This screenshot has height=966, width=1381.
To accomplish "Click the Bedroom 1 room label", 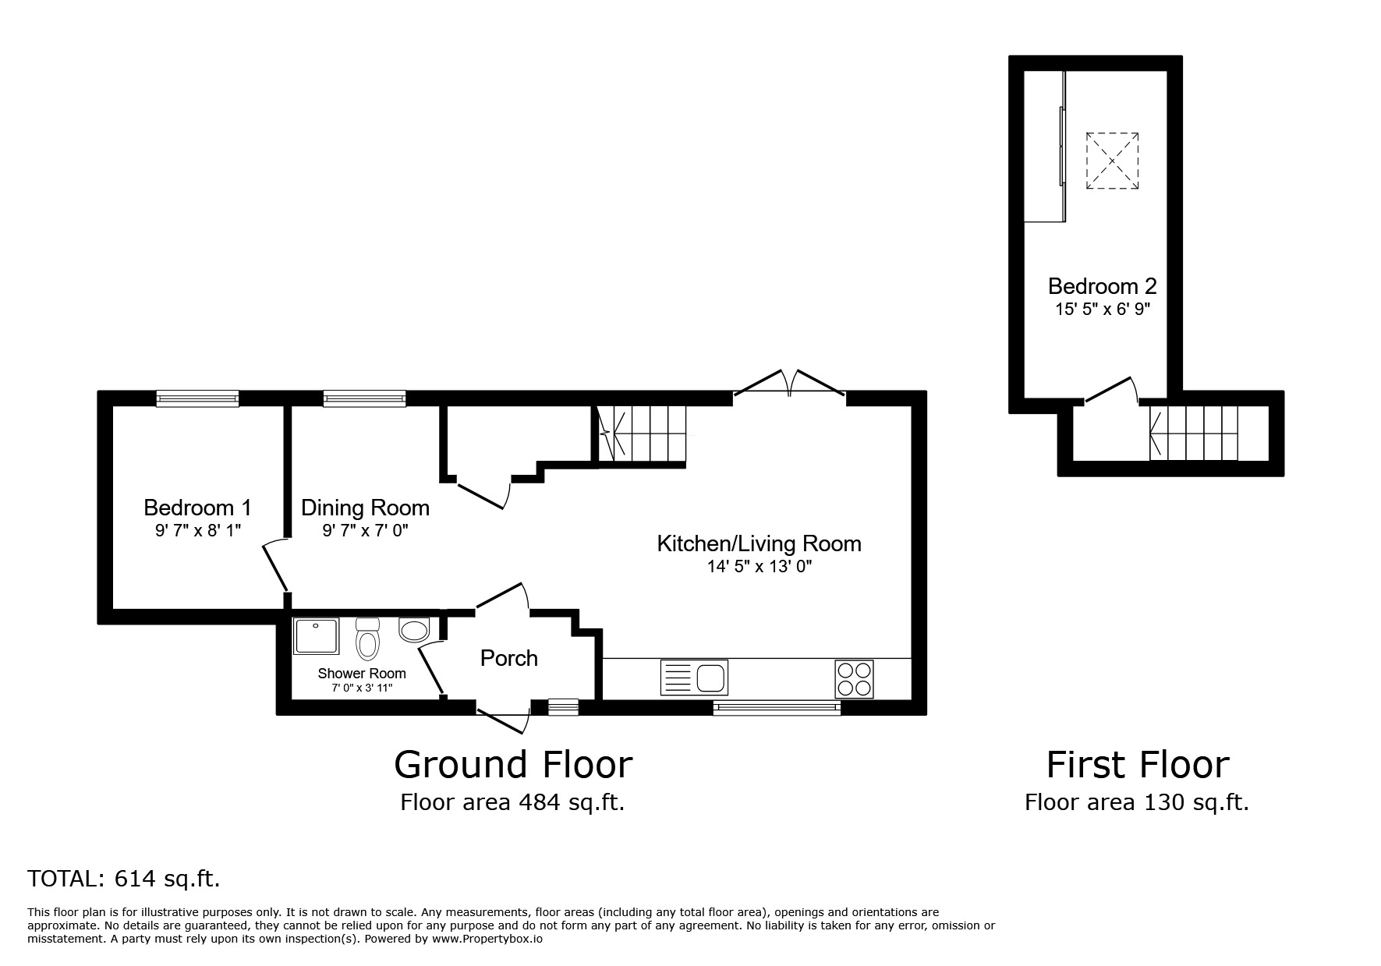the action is click(x=197, y=508).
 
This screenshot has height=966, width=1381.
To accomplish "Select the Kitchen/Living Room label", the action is click(x=760, y=543).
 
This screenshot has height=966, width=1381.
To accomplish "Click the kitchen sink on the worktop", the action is click(x=694, y=677).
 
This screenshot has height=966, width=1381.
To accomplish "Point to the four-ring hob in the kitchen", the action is click(x=855, y=678).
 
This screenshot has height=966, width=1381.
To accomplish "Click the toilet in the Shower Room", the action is click(x=367, y=639).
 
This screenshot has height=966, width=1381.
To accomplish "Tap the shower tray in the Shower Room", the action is click(x=316, y=636).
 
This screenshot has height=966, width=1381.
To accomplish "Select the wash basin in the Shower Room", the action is click(x=414, y=629).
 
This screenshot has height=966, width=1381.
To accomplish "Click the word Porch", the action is click(x=509, y=658).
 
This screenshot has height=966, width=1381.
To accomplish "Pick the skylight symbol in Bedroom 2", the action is click(x=1112, y=161).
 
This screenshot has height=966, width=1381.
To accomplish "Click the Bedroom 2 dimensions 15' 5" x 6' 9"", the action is click(x=1103, y=309).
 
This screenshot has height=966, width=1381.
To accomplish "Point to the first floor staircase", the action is click(x=1193, y=433).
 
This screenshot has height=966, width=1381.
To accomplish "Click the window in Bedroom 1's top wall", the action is click(x=197, y=398).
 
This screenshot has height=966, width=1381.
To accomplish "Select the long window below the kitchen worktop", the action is click(x=777, y=708).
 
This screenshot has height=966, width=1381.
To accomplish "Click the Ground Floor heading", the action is click(x=513, y=764).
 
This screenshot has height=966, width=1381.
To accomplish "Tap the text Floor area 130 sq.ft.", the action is click(x=1137, y=802).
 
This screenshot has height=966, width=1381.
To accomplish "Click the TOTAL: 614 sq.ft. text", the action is click(x=124, y=879).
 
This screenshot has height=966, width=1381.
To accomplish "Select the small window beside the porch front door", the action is click(x=563, y=706).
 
